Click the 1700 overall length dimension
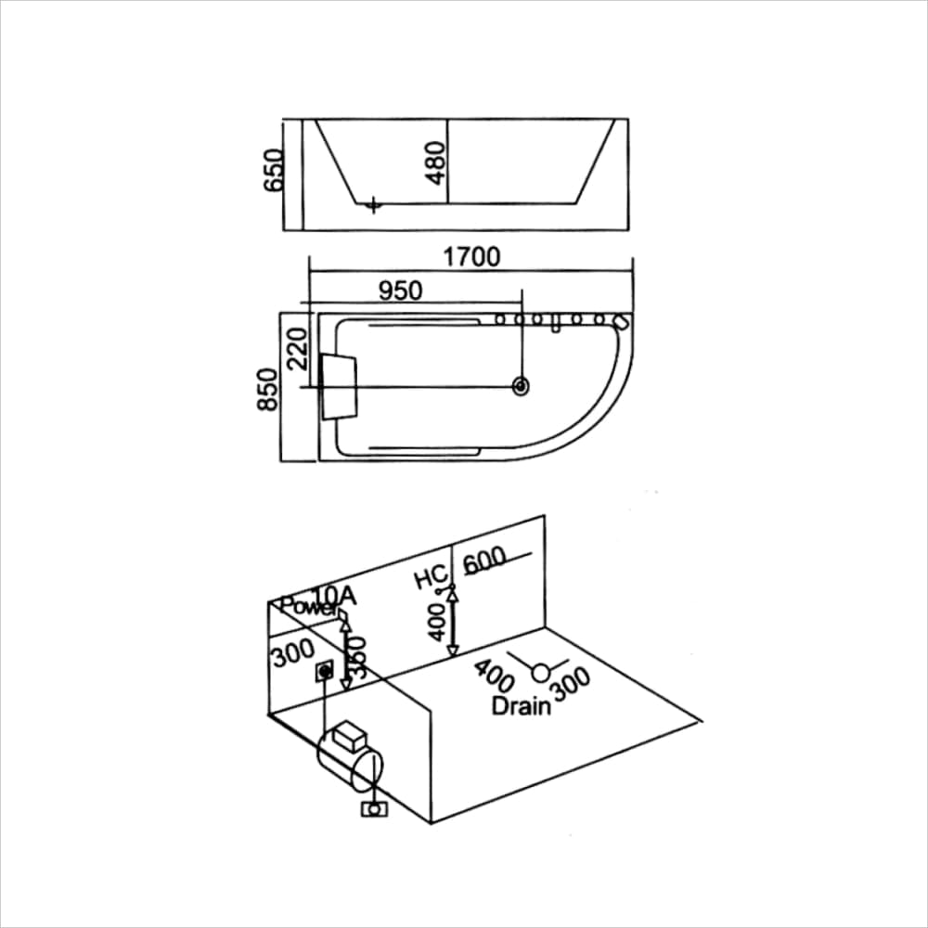(471, 256)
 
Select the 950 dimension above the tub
(401, 290)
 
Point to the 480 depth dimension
(436, 162)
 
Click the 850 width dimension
(268, 390)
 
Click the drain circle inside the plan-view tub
(522, 386)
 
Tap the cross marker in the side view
(373, 204)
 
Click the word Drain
(522, 706)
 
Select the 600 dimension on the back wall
(484, 561)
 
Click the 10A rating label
(332, 595)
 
